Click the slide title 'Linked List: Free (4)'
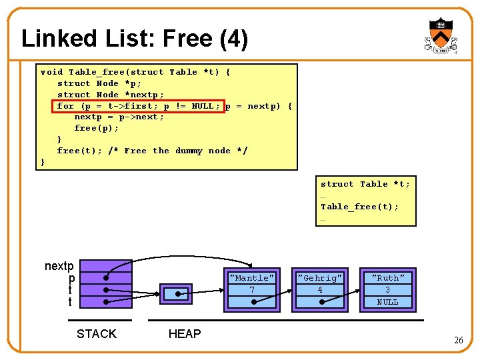(135, 39)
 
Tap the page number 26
(458, 340)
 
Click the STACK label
(97, 334)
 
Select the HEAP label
(185, 334)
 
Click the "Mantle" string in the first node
(251, 278)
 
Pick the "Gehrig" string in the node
(320, 278)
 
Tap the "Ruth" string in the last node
(387, 278)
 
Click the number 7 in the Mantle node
(251, 290)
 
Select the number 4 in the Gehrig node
(320, 290)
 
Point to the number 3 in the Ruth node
(387, 290)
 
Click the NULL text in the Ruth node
(387, 302)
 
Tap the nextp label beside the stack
(59, 266)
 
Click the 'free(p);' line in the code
(96, 128)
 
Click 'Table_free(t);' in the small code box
(359, 207)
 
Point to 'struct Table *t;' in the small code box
(365, 184)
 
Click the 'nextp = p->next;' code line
(119, 117)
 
